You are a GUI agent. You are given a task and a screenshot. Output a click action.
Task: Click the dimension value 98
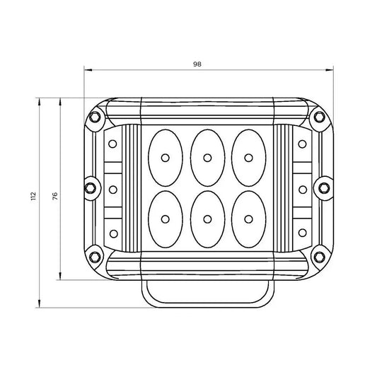pyautogui.click(x=197, y=64)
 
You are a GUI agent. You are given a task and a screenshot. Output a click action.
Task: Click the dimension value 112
pyautogui.click(x=33, y=196)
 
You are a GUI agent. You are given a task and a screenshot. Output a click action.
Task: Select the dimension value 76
pyautogui.click(x=55, y=196)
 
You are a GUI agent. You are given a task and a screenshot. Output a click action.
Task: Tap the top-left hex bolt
pyautogui.click(x=94, y=117)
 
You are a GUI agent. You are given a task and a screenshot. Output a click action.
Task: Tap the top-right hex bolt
pyautogui.click(x=319, y=117)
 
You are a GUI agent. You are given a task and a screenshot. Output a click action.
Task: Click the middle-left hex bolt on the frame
pyautogui.click(x=91, y=188)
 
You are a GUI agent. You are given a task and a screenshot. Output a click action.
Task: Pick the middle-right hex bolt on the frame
pyautogui.click(x=324, y=187)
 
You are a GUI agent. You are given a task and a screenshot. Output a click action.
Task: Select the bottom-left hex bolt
pyautogui.click(x=95, y=257)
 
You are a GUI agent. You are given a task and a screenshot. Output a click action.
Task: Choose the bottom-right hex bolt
pyautogui.click(x=319, y=257)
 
